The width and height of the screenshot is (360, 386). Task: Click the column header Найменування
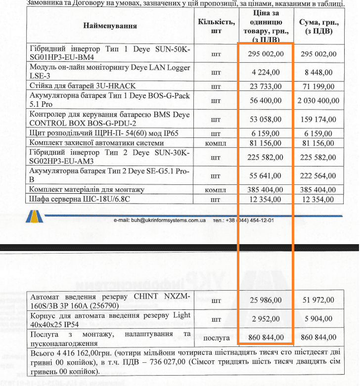coord(110,26)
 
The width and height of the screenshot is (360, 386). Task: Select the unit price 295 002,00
coord(266,54)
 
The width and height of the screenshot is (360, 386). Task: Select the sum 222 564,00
coord(318,176)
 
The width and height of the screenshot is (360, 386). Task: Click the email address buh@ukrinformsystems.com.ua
coord(159,220)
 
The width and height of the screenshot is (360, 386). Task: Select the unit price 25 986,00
coord(266,300)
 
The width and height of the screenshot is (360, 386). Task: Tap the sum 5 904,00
coord(318,319)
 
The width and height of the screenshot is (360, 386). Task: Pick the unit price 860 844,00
coord(266,338)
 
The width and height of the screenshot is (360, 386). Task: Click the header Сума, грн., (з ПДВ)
coord(318,26)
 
